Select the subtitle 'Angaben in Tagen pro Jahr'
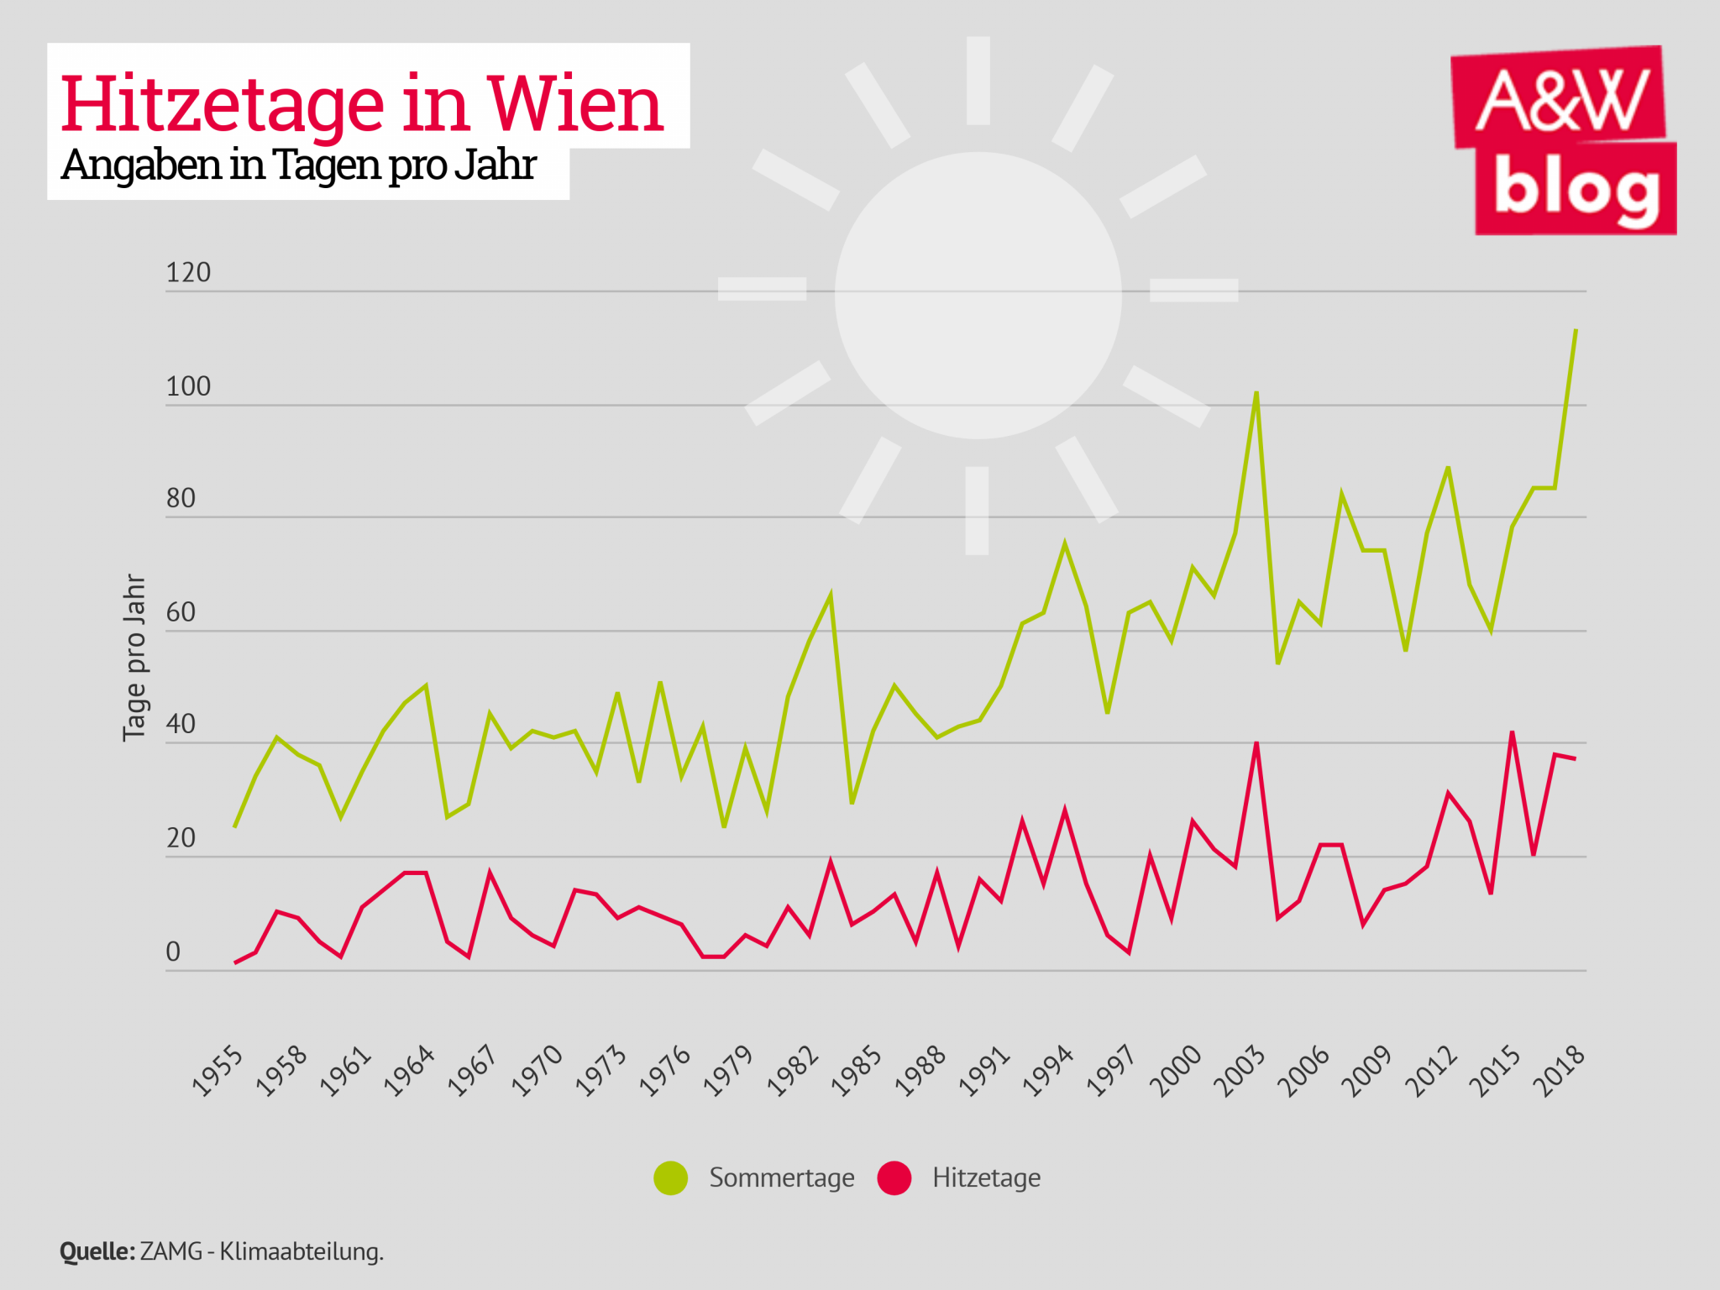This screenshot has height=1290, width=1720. coord(298,165)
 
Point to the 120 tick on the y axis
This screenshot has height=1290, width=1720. coord(188,273)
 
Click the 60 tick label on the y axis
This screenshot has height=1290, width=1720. coord(181,612)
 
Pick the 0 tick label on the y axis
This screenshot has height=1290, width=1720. coord(173,952)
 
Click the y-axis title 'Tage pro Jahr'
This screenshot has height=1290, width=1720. coord(134,658)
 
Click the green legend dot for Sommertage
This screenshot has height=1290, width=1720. coord(671,1177)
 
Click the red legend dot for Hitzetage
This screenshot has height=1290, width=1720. coord(894,1177)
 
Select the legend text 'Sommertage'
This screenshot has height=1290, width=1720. coord(782,1177)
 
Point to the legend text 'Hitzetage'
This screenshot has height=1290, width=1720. coord(986,1177)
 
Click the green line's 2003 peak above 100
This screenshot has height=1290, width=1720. coord(1256,393)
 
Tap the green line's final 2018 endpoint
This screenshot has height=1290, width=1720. coord(1576,330)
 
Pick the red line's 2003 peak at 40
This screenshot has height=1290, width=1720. coord(1256,744)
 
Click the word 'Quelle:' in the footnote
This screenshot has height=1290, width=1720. coord(97,1251)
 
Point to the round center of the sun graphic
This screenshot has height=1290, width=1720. coord(978,295)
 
